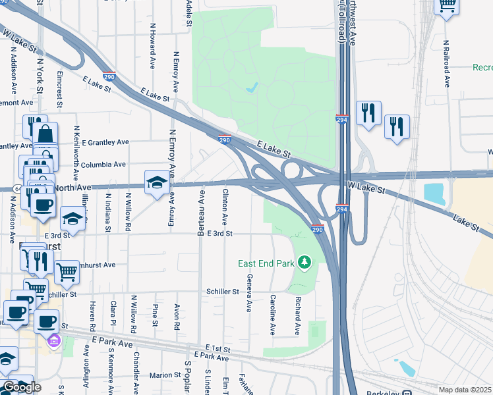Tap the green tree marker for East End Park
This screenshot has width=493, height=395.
coord(304,263)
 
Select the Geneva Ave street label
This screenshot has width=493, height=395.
coord(249,294)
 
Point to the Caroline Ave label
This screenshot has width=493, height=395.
coord(272,315)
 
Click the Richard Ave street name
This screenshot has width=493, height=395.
coord(298,315)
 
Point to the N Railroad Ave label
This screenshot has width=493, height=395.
coord(447,63)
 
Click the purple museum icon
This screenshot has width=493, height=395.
coord(54,341)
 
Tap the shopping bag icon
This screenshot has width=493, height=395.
coord(46,135)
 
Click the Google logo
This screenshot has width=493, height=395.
coord(22,387)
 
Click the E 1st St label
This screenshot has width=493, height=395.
coord(218,347)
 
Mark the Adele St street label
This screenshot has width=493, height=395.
coord(189,13)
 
